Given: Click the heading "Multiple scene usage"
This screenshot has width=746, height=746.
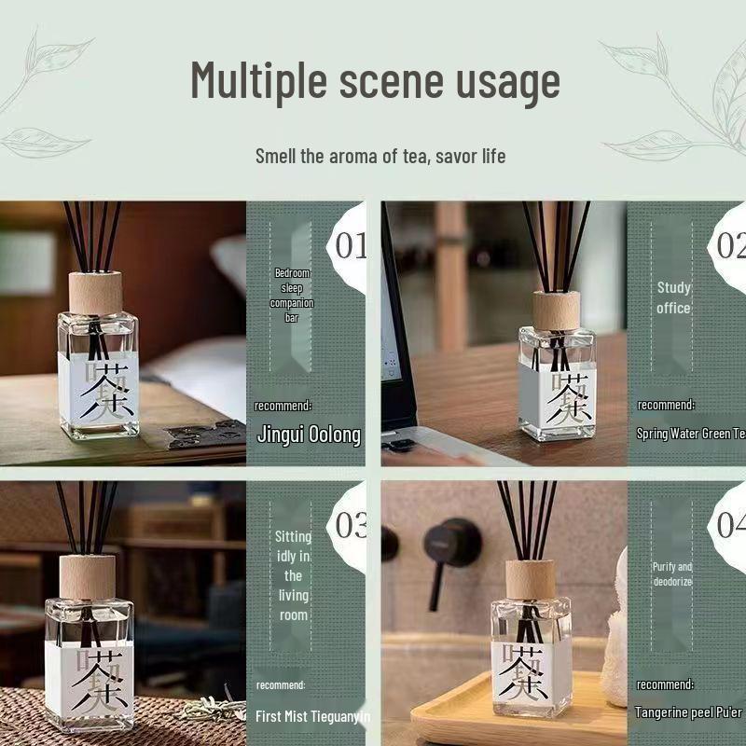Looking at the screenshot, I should tap(375, 80).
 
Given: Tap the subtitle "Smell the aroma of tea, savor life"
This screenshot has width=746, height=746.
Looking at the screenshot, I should tap(380, 156).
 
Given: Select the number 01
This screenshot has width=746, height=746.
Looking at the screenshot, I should tap(351, 246).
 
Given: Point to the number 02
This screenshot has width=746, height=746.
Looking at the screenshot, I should tap(730, 246).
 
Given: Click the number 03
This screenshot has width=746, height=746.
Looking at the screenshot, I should tap(351, 525).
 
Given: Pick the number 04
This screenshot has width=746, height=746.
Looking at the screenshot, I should tap(730, 525).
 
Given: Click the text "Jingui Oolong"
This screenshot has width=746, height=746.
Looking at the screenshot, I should tap(309, 435).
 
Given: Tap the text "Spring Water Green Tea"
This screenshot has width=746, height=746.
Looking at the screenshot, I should tap(690, 434).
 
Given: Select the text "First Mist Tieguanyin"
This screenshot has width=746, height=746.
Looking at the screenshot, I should tap(313, 716).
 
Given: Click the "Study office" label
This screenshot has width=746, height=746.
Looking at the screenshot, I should tap(673, 297).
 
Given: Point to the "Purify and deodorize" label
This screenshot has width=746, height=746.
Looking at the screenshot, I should tap(672, 573).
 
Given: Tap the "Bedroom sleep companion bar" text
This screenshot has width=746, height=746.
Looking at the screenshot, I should tap(292, 296).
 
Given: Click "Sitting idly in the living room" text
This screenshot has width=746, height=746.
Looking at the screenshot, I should tap(294, 575).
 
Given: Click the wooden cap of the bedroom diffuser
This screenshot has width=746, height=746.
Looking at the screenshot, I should tap(95, 293).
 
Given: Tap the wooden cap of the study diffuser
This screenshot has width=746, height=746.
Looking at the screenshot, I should tap(556, 311).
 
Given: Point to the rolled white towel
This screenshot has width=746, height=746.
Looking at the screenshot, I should tap(615, 634).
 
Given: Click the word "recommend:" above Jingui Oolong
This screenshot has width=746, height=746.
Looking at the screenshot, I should tap(283, 406).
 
